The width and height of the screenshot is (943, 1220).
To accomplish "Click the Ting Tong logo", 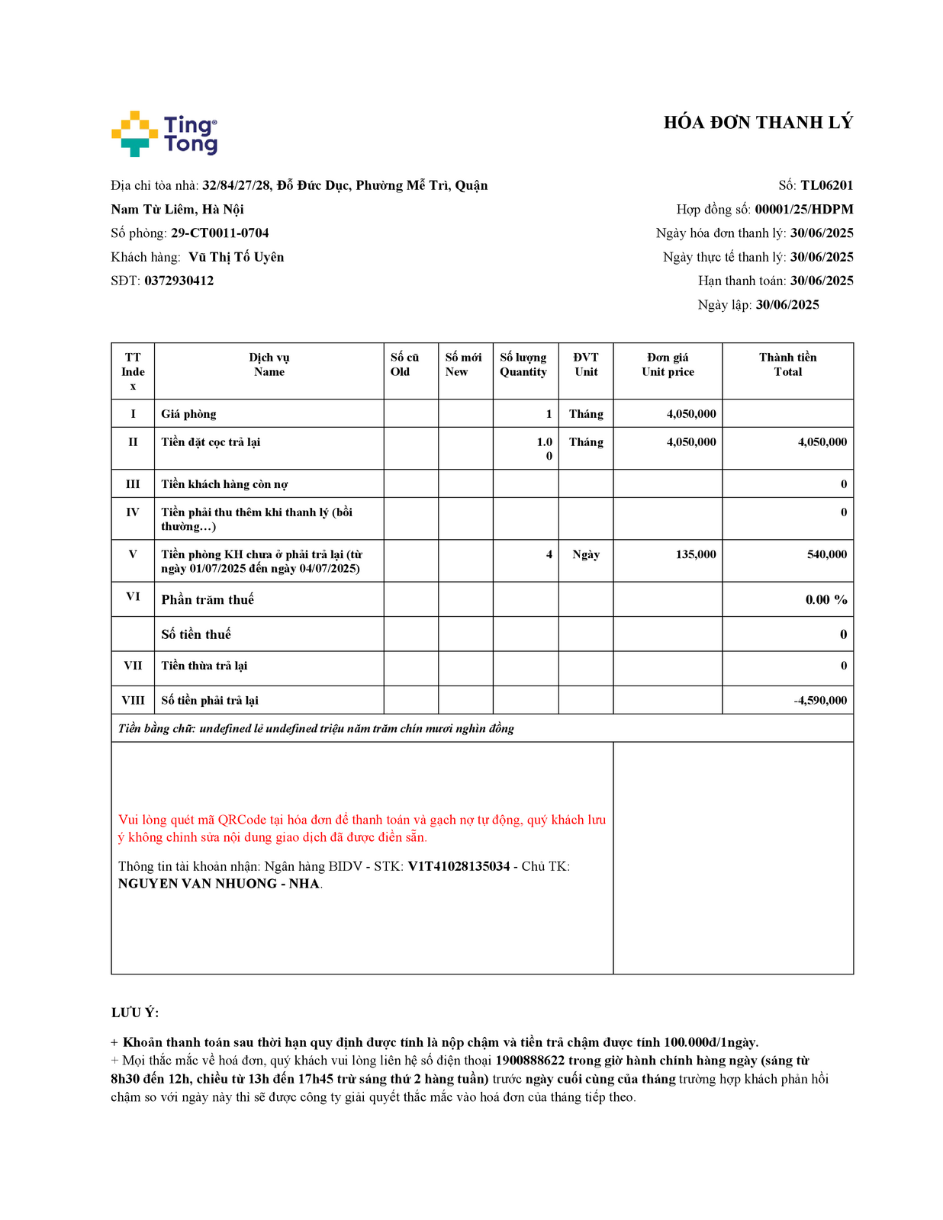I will (165, 134).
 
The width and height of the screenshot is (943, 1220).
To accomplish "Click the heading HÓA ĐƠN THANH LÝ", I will (758, 123).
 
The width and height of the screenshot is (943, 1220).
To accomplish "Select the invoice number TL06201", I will (826, 185).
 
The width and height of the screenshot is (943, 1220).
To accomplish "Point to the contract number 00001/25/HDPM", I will (804, 209).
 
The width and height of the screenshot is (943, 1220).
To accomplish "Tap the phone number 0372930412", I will (179, 281).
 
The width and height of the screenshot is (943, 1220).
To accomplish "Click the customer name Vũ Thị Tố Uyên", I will (237, 257).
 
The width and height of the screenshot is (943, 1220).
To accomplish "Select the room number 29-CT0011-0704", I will (220, 233).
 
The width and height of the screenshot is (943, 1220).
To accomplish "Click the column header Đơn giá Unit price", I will (668, 364).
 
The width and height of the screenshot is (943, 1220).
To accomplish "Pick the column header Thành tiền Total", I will (787, 364).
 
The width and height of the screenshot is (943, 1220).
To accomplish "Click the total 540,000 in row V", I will (827, 554).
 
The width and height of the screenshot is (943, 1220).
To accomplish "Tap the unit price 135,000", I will (696, 554).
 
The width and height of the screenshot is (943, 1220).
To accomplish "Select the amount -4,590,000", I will (820, 700).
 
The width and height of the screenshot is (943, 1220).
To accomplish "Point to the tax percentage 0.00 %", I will (826, 600).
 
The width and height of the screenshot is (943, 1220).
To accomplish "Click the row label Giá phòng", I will (188, 414).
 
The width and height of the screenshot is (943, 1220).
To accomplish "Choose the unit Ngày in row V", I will (586, 554).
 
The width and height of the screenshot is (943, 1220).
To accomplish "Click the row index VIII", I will (133, 700).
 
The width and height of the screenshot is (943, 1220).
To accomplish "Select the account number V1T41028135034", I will (459, 866).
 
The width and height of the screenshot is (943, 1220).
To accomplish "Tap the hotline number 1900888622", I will (530, 1061).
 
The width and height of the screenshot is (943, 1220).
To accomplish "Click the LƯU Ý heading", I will (135, 1013).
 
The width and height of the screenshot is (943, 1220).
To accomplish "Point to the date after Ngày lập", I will (787, 305).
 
